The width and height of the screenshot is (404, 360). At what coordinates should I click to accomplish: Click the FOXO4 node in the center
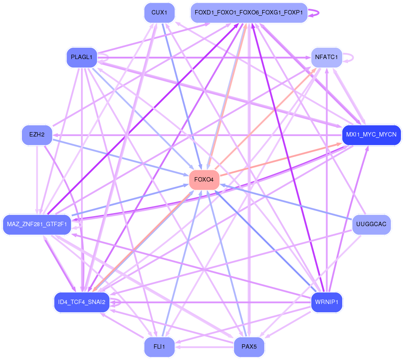204,180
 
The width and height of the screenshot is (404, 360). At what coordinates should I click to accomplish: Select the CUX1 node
159,13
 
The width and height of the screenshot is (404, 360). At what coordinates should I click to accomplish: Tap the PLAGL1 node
82,57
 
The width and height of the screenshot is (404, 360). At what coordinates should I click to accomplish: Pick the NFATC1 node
327,57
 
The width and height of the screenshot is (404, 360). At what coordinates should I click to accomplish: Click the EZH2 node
37,135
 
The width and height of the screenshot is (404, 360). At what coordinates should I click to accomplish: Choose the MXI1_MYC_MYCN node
371,135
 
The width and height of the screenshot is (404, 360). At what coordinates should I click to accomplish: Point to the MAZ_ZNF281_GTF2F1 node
37,224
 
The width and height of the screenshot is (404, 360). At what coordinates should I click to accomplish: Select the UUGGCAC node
371,224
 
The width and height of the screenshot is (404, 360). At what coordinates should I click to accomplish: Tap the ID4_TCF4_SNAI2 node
82,302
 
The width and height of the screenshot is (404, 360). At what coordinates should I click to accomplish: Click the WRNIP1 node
327,302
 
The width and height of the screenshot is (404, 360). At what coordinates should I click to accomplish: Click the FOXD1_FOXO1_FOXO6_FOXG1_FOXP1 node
249,13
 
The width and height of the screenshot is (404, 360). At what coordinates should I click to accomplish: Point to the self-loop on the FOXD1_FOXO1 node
314,13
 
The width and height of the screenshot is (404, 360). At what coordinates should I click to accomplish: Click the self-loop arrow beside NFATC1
348,57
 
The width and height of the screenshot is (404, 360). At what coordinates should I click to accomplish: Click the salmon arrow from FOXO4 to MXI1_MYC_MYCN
281,160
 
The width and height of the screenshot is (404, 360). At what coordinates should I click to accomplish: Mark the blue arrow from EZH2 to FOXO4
120,158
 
